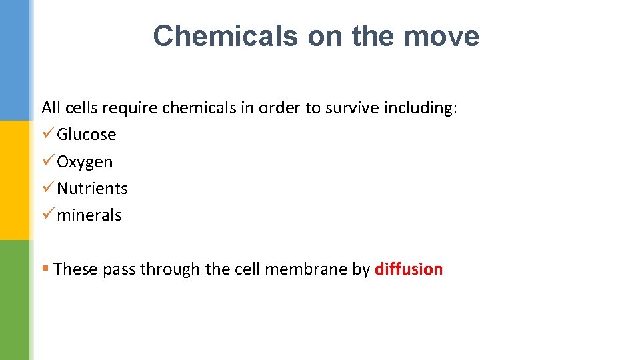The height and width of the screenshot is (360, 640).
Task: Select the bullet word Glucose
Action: pyautogui.click(x=87, y=135)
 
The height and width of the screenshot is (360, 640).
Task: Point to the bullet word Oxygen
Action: pyautogui.click(x=85, y=162)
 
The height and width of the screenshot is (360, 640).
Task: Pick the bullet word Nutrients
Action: pyautogui.click(x=92, y=189)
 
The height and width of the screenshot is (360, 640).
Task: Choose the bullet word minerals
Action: pyautogui.click(x=89, y=215)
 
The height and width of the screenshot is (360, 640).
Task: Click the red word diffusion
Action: pyautogui.click(x=409, y=269)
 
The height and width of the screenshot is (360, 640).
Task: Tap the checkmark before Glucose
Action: pyautogui.click(x=47, y=135)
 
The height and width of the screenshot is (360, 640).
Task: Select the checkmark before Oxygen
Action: pyautogui.click(x=47, y=161)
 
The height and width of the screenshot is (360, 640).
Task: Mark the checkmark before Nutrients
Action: pyautogui.click(x=47, y=188)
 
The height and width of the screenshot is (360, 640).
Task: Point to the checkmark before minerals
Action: pyautogui.click(x=47, y=215)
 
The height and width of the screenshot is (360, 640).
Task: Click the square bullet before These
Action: pyautogui.click(x=45, y=269)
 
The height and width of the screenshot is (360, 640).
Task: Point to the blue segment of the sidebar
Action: pyautogui.click(x=15, y=60)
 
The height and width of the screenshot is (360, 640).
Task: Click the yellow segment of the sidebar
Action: pyautogui.click(x=15, y=180)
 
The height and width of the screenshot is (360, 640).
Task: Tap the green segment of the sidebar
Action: pyautogui.click(x=15, y=300)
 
